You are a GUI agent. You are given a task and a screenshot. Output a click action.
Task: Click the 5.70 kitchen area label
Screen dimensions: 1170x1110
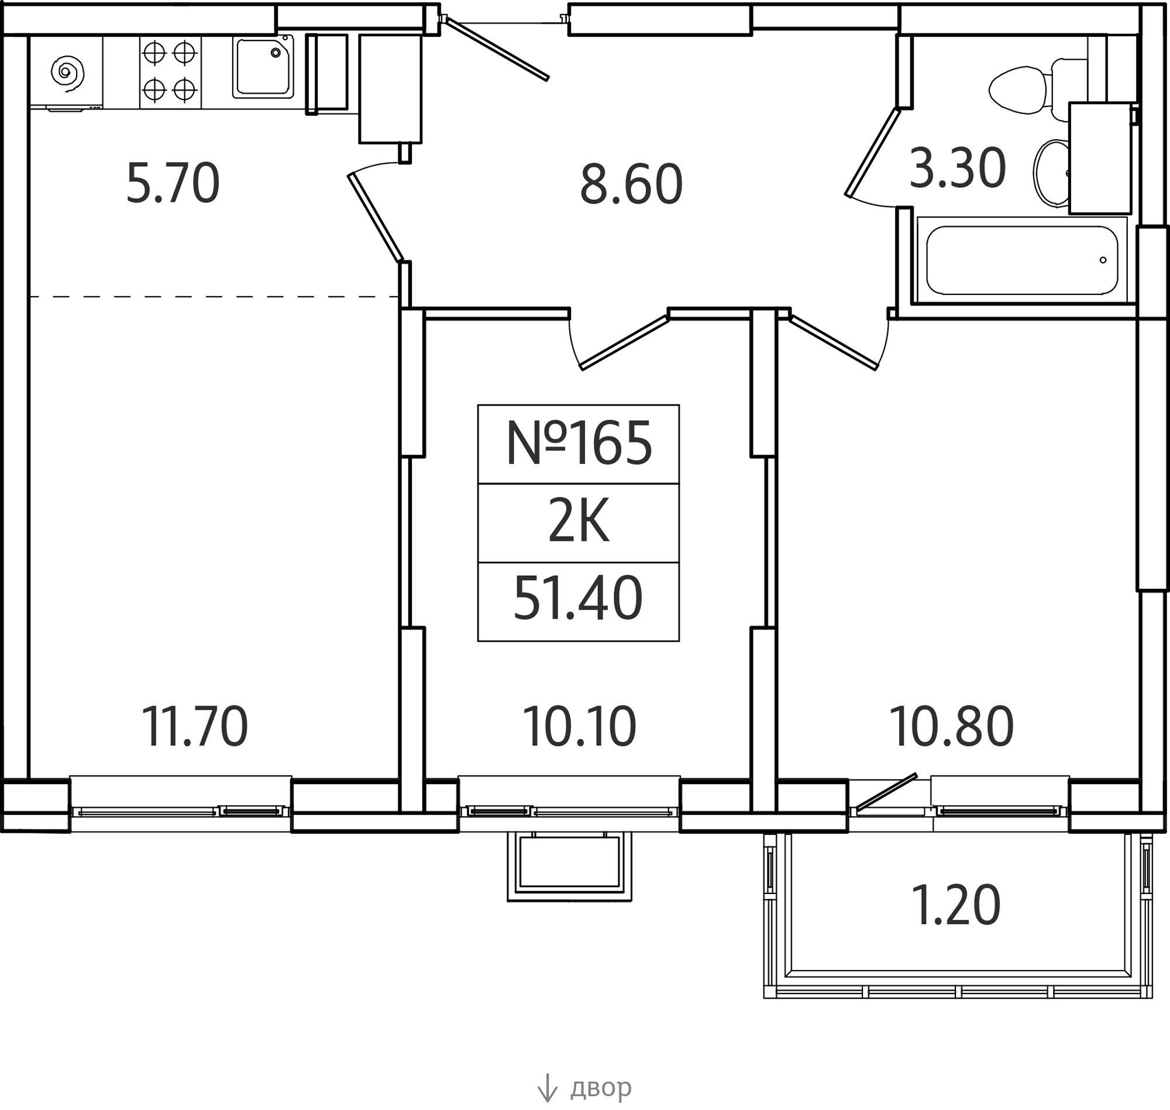click(173, 184)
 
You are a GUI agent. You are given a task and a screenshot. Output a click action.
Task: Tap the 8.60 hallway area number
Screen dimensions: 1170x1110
click(631, 185)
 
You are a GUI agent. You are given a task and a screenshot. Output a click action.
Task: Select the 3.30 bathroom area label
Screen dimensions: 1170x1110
click(957, 169)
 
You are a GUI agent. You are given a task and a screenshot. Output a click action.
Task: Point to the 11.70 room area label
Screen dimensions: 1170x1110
click(195, 727)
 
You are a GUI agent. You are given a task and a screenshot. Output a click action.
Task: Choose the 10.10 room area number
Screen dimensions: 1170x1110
click(579, 727)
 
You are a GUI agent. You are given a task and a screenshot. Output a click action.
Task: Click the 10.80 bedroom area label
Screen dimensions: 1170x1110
click(951, 727)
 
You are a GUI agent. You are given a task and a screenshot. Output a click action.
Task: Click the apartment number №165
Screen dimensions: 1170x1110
click(579, 444)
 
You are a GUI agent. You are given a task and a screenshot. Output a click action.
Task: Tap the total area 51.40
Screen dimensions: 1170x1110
click(578, 599)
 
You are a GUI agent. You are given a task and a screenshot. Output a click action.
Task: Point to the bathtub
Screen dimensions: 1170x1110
click(1021, 260)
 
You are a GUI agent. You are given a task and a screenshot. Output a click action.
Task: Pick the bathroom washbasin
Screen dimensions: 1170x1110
click(1052, 173)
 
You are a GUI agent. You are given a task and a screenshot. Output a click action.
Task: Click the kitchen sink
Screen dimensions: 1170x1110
click(263, 67)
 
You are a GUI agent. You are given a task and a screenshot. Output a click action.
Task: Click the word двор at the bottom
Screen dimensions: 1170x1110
click(601, 1087)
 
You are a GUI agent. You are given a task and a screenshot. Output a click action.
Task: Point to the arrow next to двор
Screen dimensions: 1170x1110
click(547, 1087)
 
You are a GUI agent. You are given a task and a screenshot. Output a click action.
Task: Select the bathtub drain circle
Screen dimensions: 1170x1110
click(1103, 260)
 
